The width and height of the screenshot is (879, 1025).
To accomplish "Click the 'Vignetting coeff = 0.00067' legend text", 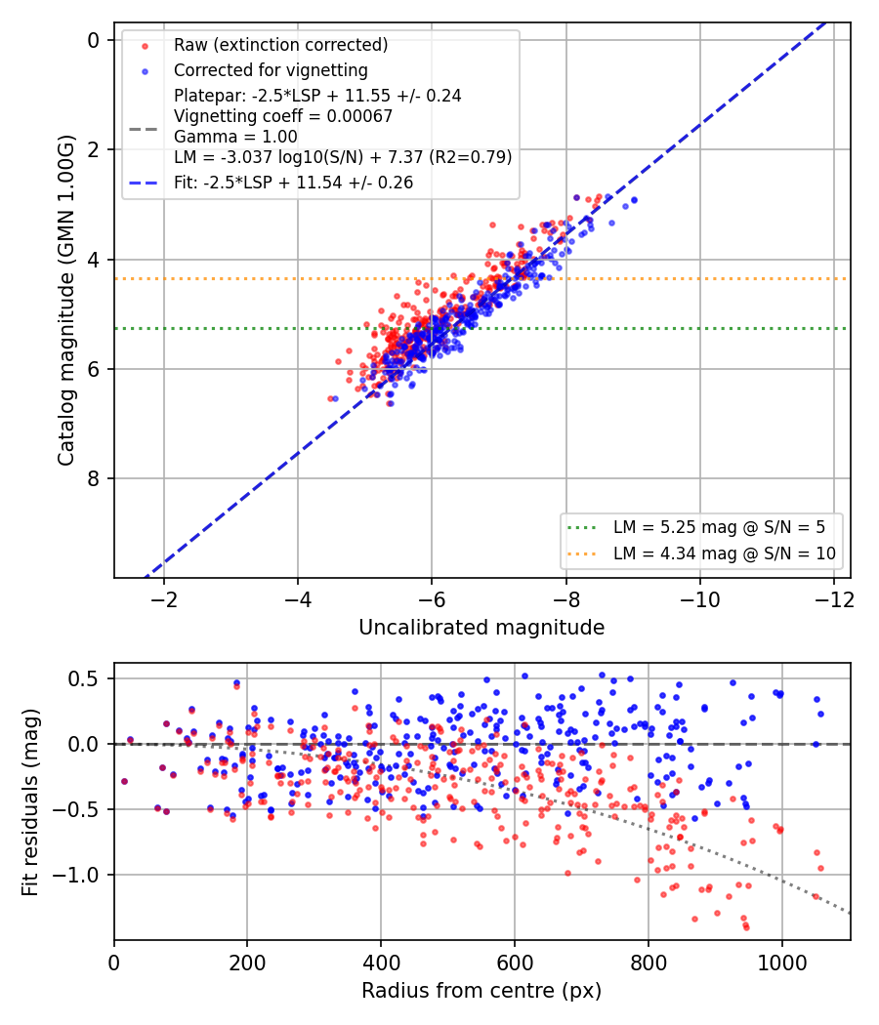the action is pos(283,116).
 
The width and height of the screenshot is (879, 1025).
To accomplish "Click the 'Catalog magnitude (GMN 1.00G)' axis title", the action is pos(66,300).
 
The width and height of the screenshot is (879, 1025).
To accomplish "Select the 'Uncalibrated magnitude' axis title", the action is pos(481,628).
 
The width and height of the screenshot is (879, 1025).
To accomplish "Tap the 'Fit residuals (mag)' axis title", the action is pos(30,802).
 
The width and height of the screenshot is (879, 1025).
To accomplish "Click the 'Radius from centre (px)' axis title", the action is pos(481,991).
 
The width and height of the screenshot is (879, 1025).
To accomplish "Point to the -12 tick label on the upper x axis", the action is pos(834,599).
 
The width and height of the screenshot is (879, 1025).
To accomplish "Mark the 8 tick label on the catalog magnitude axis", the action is pos(94,478).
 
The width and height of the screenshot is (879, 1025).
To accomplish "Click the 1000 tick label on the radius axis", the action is pos(781,963).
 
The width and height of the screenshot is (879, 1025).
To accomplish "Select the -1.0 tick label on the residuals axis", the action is pos(76,875).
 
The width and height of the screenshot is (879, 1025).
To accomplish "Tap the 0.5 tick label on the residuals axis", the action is pos(83,678).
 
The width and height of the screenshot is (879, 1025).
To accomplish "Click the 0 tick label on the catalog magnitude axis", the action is pos(94,41).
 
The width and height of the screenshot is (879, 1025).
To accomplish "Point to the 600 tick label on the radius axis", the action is pos(515,963).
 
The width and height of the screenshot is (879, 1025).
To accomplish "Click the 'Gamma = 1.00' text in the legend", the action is pos(235,137).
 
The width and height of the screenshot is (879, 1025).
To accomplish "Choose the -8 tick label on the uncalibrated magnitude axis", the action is pos(566,599).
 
